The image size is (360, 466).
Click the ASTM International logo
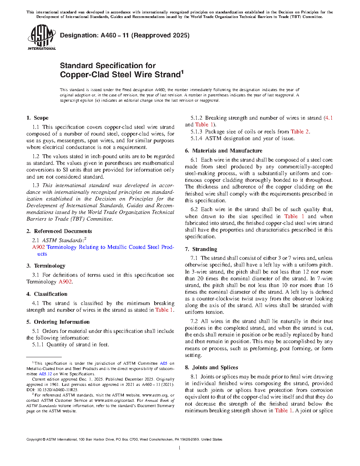pyautogui.click(x=41, y=37)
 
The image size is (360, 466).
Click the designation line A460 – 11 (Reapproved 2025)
pyautogui.click(x=125, y=35)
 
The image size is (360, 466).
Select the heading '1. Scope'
pyautogui.click(x=37, y=118)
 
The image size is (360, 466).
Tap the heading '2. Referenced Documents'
pyautogui.click(x=59, y=231)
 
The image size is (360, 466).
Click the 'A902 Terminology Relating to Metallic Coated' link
pyautogui.click(x=103, y=247)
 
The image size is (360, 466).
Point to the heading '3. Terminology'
pyautogui.click(x=46, y=266)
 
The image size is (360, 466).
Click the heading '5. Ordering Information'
pyautogui.click(x=58, y=322)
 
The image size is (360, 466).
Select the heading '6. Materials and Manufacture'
pyautogui.click(x=223, y=151)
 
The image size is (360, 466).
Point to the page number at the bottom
pyautogui.click(x=180, y=448)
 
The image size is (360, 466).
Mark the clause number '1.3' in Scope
pyautogui.click(x=36, y=185)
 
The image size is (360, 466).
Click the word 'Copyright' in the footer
pyautogui.click(x=34, y=440)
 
